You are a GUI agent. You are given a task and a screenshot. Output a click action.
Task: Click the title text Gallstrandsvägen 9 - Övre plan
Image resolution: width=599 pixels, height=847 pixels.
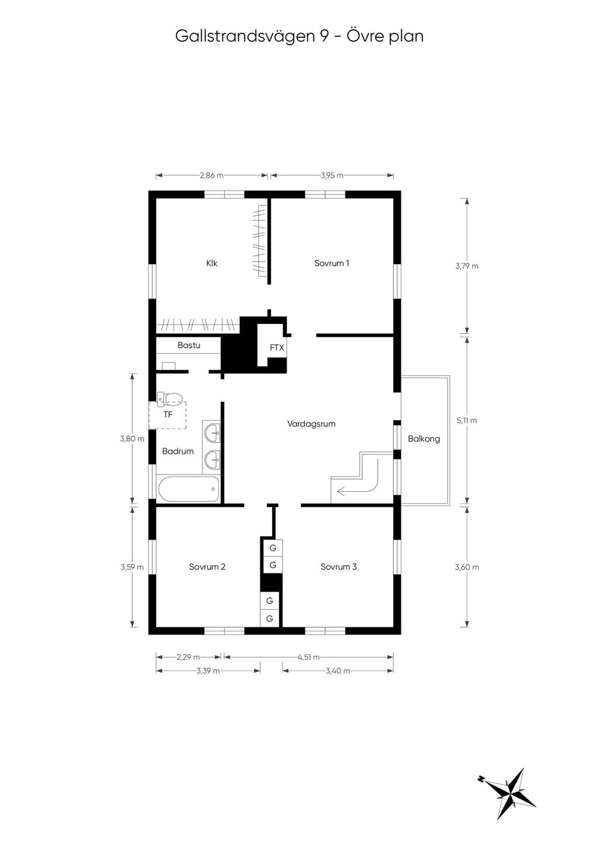(299, 37)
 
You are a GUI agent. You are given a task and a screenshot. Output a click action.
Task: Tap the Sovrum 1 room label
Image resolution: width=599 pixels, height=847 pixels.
(332, 263)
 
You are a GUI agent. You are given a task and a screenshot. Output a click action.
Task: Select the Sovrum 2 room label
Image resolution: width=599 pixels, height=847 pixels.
(207, 567)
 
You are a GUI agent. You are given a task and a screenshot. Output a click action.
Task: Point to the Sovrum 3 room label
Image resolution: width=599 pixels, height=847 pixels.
(339, 567)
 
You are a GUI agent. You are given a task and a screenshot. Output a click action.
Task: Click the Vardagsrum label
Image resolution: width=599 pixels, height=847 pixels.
(311, 424)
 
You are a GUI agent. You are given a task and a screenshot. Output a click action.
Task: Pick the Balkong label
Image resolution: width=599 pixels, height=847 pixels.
(424, 439)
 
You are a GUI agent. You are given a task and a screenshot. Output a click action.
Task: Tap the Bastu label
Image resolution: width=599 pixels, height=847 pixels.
(189, 345)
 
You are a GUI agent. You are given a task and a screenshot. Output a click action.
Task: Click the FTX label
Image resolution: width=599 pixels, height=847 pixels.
(277, 348)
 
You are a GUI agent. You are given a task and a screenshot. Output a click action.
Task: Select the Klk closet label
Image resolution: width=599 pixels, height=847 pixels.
(212, 263)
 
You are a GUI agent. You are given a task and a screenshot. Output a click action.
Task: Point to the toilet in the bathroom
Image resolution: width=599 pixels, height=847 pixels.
(170, 397)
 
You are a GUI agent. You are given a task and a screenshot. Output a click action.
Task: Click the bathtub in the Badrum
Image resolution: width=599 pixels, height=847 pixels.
(188, 489)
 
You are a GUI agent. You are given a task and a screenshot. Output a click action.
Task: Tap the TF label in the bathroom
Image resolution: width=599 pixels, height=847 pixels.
(168, 415)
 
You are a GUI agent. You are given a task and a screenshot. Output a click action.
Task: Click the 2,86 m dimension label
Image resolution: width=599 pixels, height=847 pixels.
(212, 175)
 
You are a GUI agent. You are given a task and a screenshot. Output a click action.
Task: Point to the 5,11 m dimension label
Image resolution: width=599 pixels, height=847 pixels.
(467, 420)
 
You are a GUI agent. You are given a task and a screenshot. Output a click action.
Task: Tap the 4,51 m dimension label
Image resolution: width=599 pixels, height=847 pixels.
(309, 657)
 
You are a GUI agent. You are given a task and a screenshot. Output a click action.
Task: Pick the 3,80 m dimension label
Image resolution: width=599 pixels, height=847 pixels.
(132, 439)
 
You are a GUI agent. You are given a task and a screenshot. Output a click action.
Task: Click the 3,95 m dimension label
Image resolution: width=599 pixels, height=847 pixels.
(332, 175)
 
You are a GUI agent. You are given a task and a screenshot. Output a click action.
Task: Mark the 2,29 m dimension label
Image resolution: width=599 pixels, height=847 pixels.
(188, 657)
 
